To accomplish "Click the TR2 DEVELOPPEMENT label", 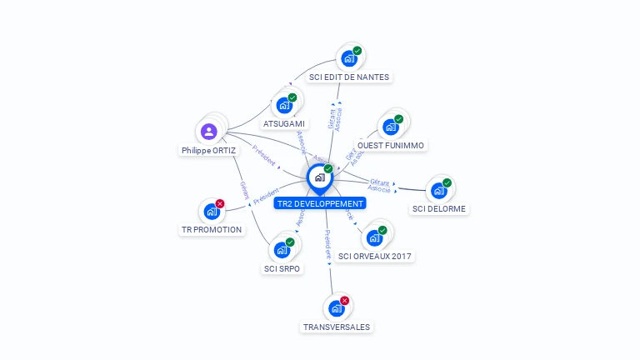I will (320, 203).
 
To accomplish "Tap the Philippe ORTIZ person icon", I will (209, 131).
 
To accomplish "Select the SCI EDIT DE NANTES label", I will (348, 77).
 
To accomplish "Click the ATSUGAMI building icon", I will (283, 106).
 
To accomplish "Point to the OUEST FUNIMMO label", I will (390, 146).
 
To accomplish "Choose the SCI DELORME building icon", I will (438, 191).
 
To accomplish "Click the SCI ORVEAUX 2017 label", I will (375, 256).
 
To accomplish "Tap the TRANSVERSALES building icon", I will (336, 308).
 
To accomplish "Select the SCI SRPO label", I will (282, 269).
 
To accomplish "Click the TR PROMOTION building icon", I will (211, 212).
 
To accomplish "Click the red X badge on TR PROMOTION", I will (220, 203).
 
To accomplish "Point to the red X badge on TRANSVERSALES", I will (345, 300).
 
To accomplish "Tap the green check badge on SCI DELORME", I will (447, 182).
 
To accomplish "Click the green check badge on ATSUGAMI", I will (292, 97).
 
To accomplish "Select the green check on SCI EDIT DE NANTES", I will (357, 51).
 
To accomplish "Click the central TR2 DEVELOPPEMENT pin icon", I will (319, 177).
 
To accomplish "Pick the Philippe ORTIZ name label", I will (208, 151).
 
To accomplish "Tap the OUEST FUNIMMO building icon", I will (390, 127).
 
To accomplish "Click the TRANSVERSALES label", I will (336, 327).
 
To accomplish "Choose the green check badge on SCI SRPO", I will (290, 242).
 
